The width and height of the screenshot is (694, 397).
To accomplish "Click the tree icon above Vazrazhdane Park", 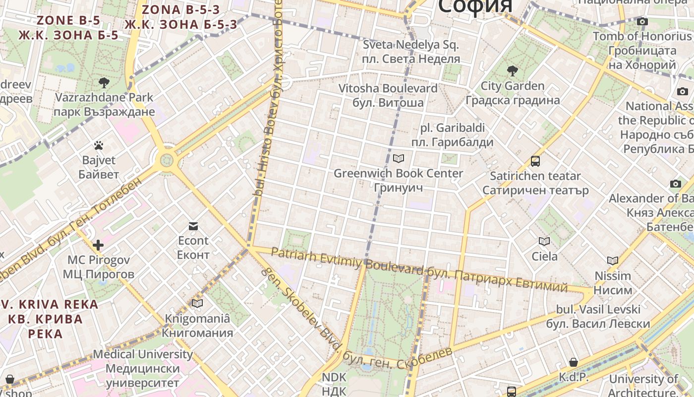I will click(x=104, y=83).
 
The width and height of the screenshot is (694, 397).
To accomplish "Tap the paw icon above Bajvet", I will click(x=99, y=146).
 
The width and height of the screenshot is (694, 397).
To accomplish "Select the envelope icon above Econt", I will click(x=193, y=226).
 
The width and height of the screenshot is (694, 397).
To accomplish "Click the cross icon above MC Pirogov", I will click(x=98, y=245).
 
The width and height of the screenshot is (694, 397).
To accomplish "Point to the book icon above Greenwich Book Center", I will click(x=398, y=159).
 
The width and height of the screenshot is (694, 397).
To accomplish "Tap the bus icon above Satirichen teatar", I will click(x=535, y=161).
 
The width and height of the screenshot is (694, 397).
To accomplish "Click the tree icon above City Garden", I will click(x=513, y=71).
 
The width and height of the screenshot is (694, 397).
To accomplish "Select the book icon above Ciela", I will click(x=544, y=242).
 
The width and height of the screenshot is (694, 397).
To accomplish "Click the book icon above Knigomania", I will click(x=197, y=304).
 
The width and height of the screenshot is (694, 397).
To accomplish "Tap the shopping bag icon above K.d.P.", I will click(x=574, y=362).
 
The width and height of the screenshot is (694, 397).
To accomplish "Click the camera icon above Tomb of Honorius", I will click(x=642, y=22).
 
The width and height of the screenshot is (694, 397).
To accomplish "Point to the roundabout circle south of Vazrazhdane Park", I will click(x=167, y=160).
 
